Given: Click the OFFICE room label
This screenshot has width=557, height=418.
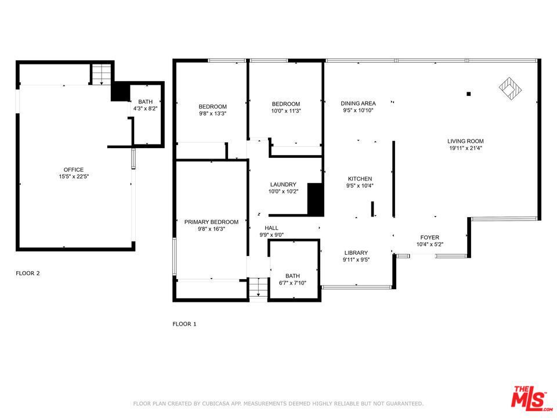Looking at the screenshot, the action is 74,170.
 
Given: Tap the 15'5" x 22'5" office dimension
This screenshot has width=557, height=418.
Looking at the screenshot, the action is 74,176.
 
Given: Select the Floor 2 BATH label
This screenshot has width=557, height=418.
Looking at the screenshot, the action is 145,102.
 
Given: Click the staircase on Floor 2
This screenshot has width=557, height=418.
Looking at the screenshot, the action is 102,74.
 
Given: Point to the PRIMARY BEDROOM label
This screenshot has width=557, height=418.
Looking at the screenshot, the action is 211,222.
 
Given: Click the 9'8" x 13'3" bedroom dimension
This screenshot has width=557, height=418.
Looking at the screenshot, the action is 212,113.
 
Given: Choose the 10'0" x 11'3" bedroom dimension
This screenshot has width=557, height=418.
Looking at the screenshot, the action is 285,111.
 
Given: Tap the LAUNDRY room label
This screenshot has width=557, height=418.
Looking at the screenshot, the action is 283,185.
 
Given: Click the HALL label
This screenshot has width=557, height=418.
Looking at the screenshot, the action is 272,228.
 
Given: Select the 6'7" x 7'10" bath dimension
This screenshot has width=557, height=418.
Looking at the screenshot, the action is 292,283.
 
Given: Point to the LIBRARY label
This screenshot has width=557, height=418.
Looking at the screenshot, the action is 356,253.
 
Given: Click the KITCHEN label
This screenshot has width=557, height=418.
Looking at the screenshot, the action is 360,179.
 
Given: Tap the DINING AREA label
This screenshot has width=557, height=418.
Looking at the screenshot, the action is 358,103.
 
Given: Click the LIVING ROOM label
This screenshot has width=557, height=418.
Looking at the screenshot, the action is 465,141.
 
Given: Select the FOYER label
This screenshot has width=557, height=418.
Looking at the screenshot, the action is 429,237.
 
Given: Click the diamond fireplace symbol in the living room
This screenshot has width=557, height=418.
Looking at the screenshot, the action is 511,88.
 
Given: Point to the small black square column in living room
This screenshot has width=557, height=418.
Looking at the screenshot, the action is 469,94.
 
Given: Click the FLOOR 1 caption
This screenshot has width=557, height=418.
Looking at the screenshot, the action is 185,324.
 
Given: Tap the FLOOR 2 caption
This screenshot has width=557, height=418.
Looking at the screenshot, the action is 28,273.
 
